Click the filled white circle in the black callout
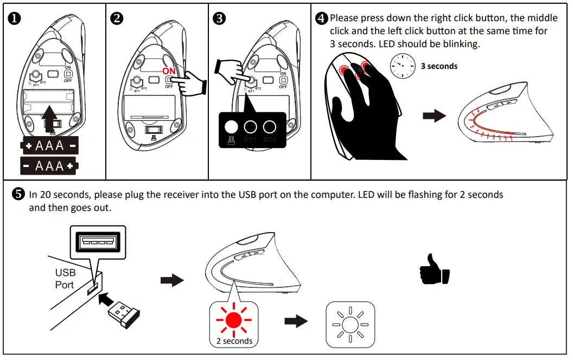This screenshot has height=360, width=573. (231, 127)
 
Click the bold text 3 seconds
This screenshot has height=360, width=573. (439, 66)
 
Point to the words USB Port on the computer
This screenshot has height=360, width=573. (65, 279)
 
